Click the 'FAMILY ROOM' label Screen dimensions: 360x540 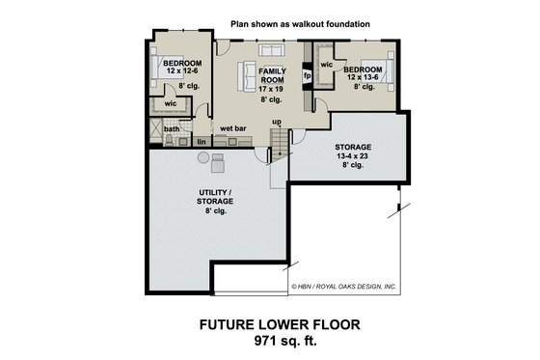(270, 75)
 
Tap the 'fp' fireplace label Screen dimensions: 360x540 (307, 74)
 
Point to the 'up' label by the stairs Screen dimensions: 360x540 (276, 122)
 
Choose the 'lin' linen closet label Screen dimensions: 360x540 (202, 142)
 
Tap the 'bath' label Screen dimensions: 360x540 (172, 128)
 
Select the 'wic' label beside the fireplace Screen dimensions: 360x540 (326, 65)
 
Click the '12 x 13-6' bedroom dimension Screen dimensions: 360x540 (363, 78)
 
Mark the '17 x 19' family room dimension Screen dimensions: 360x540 (270, 88)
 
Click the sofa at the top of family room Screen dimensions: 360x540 (271, 50)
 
